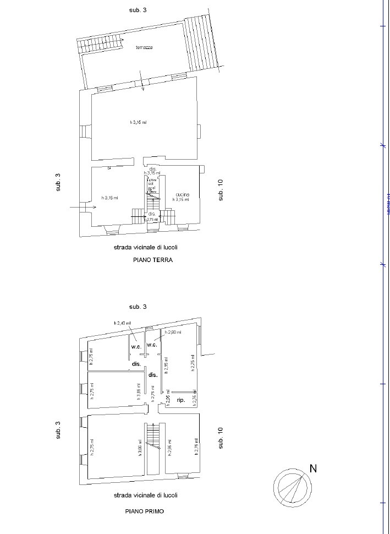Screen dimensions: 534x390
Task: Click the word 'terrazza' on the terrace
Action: (x=144, y=47)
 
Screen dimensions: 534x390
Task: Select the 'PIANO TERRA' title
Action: (x=152, y=260)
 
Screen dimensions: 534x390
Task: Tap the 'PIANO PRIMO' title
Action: (x=144, y=511)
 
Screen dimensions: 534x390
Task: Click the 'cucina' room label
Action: (x=183, y=195)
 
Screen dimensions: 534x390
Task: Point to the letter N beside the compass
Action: (x=313, y=468)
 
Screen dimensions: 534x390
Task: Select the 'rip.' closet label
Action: (x=180, y=400)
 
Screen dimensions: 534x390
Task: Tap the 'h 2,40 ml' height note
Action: (x=122, y=323)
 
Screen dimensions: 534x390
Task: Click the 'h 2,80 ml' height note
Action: (x=172, y=333)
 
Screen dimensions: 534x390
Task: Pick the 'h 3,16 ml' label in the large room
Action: (x=138, y=122)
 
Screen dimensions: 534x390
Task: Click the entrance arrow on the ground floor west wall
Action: (x=84, y=208)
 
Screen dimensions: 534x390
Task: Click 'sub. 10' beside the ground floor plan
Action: (x=221, y=190)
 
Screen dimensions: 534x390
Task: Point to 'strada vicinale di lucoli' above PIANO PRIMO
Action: (x=145, y=495)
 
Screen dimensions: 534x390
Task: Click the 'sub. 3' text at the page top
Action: (x=138, y=10)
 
